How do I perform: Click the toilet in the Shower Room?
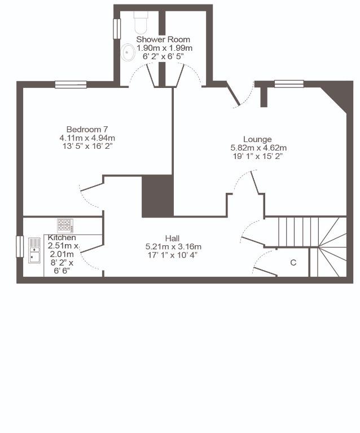tap(141, 23)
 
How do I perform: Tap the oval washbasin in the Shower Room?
tap(128, 52)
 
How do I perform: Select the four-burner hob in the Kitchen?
tap(65, 226)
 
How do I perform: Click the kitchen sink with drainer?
tap(34, 250)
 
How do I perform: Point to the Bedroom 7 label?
tap(87, 129)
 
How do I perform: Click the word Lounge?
tap(257, 139)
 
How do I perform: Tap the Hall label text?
tap(172, 238)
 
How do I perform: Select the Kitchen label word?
tap(62, 237)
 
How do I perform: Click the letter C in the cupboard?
tap(293, 262)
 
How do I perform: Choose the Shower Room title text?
tap(163, 39)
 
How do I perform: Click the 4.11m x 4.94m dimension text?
tap(87, 138)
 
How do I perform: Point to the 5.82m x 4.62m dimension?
tap(258, 148)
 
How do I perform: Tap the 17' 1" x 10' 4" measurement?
tap(173, 255)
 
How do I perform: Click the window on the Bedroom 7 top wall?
tap(71, 85)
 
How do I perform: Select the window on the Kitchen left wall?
tap(20, 246)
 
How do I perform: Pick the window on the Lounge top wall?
tap(289, 84)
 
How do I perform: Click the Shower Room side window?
tap(117, 29)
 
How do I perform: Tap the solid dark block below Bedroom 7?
tap(158, 196)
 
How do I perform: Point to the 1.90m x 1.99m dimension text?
tap(165, 48)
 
